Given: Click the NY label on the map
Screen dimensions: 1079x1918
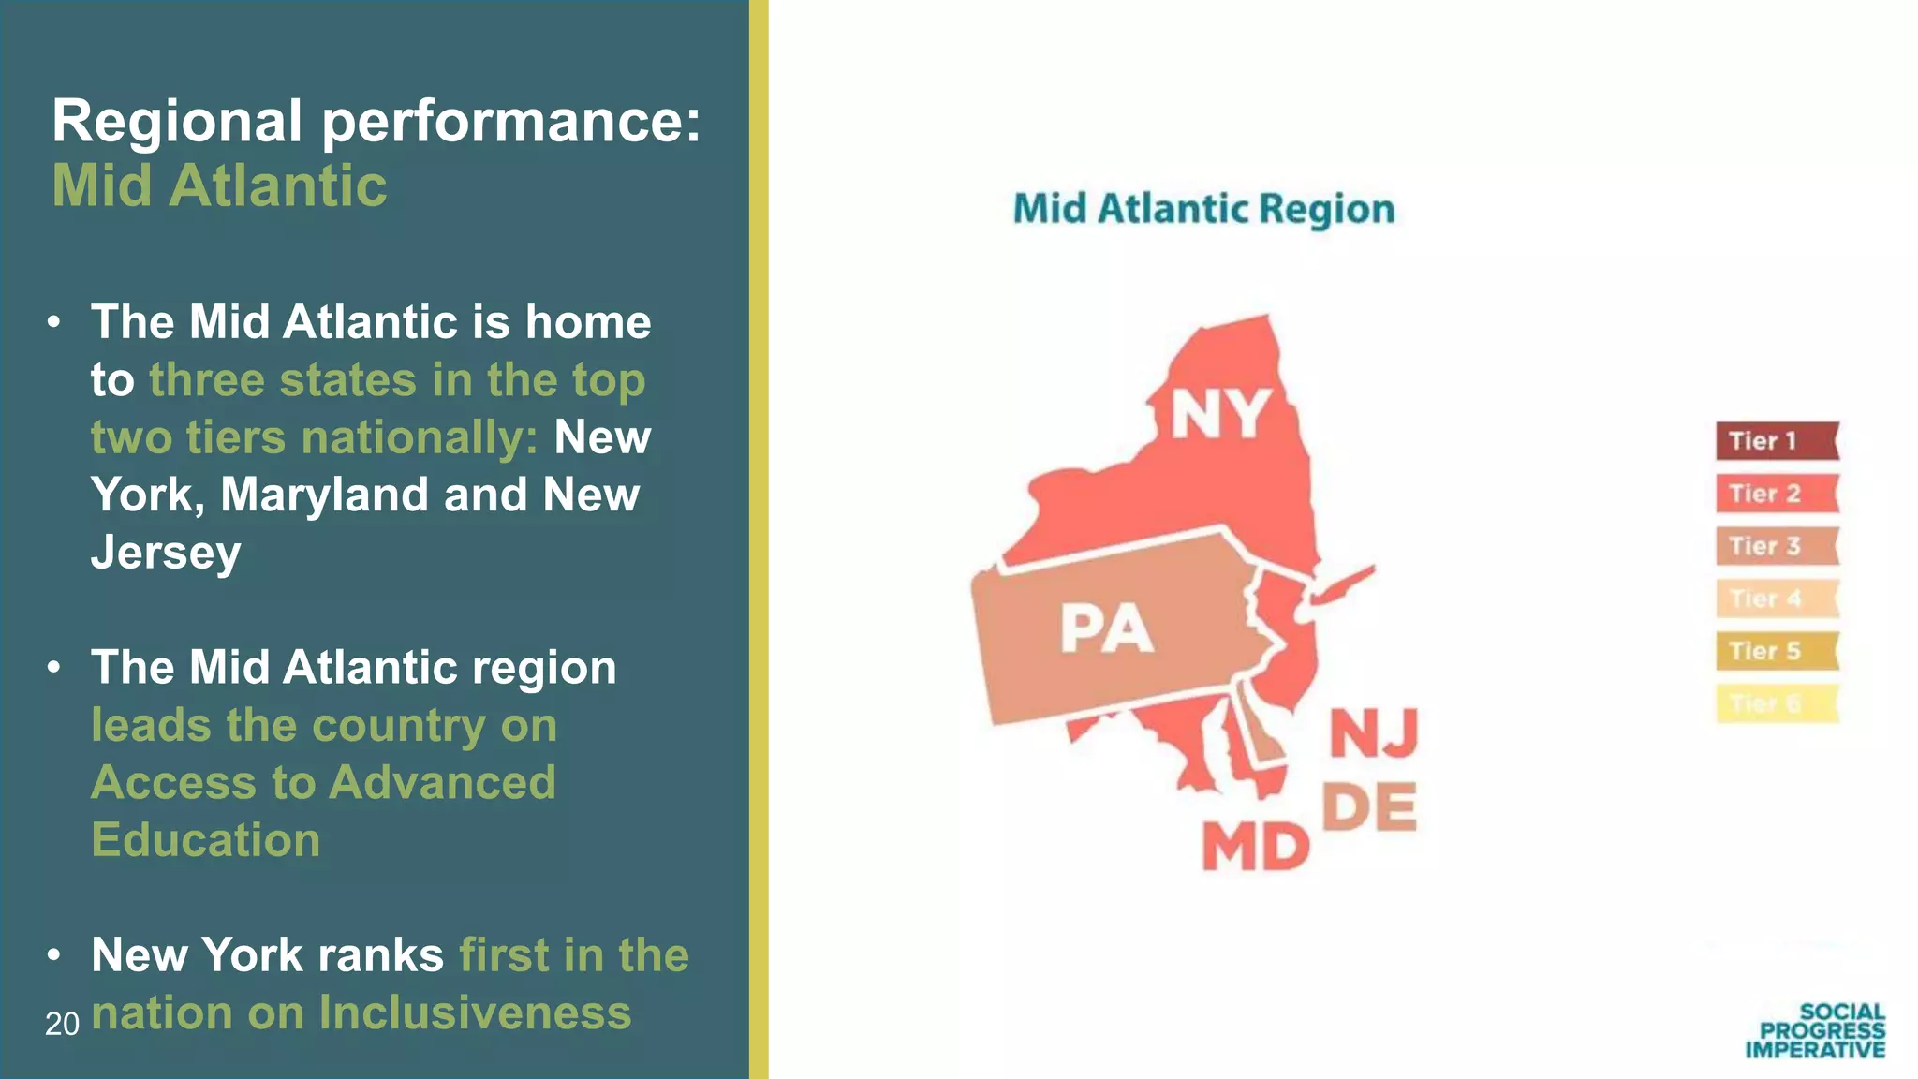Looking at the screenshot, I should tap(1220, 414).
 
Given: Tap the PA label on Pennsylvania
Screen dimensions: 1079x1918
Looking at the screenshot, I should tap(1106, 628).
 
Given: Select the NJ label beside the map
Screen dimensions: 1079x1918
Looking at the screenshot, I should tap(1374, 733).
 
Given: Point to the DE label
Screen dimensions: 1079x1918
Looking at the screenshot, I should tap(1369, 807).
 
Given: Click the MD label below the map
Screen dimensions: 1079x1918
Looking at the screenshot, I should tap(1255, 847).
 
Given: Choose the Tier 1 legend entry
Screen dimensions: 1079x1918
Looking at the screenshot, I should tap(1776, 441).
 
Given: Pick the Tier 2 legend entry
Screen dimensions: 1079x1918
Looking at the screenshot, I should tap(1776, 494).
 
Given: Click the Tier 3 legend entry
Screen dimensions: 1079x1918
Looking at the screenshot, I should tap(1776, 546).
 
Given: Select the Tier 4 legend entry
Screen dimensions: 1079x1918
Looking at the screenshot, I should tap(1776, 599).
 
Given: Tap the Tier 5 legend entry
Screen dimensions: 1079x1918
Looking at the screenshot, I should tap(1776, 651).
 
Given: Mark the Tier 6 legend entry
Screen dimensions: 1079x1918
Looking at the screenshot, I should tap(1776, 703).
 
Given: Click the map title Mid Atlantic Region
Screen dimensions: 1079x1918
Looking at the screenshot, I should tap(1203, 209).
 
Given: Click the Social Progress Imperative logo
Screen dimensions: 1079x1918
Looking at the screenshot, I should tap(1815, 1030).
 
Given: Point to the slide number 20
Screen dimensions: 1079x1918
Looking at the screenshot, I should tap(62, 1024).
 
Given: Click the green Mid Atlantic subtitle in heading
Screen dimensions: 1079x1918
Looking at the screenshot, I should tap(219, 185).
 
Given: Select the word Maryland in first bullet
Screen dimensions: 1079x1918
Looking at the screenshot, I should tap(324, 495).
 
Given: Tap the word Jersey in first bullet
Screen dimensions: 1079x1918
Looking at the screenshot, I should tap(166, 553).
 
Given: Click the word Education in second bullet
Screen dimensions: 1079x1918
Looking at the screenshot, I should tap(206, 840).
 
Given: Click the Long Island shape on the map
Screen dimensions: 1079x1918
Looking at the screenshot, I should tap(1341, 586).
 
